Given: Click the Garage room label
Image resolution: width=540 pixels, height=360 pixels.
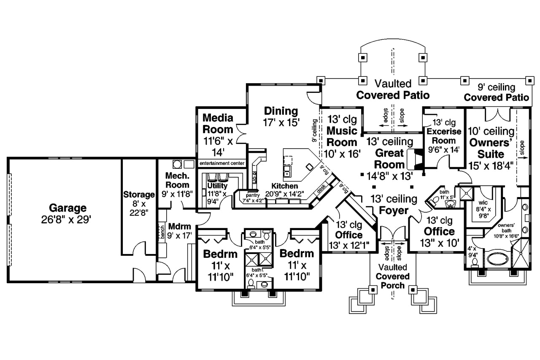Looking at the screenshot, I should [67, 208].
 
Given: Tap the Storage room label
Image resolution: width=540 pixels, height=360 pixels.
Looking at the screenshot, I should [139, 195].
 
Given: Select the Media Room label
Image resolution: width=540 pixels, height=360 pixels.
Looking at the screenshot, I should [218, 123].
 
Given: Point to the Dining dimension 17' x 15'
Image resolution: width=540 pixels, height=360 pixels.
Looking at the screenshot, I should [281, 123].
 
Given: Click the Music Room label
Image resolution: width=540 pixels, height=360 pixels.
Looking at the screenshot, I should [342, 136].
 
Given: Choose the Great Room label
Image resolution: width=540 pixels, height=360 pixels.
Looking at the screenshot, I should [389, 159].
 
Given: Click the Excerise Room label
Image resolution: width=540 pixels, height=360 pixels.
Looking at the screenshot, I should [444, 136].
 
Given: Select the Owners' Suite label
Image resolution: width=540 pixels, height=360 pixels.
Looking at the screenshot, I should [491, 148].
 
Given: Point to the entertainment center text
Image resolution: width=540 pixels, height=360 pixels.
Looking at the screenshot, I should [222, 163].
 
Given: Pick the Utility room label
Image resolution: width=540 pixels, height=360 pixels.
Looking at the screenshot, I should [217, 186].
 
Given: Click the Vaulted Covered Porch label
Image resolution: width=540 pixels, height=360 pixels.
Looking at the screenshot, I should [392, 276].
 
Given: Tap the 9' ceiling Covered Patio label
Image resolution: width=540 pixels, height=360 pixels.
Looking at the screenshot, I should [496, 92].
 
